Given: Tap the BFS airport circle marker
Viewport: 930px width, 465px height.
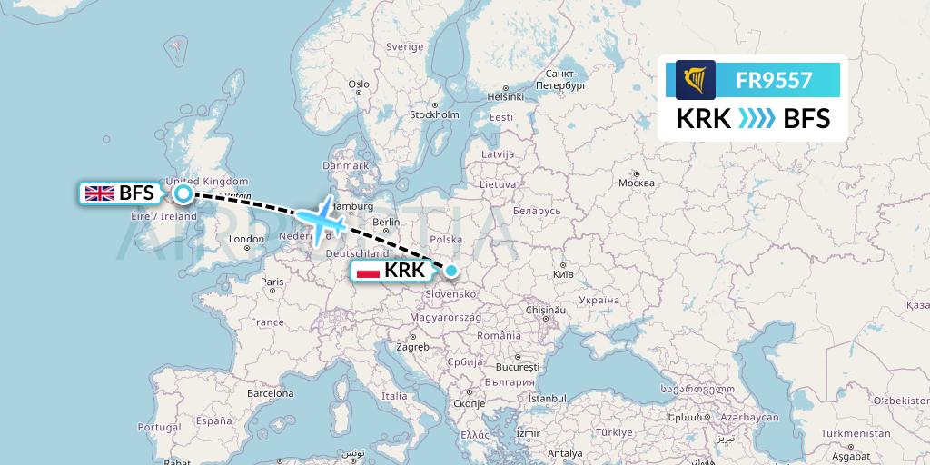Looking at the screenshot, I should (x=183, y=193).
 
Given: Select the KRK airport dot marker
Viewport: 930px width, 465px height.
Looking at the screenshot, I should (x=451, y=270).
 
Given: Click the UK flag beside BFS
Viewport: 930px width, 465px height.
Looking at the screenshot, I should (x=99, y=193).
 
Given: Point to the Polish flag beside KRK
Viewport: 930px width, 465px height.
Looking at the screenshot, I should (x=368, y=271).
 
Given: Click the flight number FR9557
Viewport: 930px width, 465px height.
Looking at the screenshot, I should (x=774, y=80).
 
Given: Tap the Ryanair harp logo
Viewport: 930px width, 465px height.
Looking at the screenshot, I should (x=696, y=80).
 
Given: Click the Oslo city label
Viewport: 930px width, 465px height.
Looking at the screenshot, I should (x=359, y=84).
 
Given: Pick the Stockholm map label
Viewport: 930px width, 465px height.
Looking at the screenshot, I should (x=434, y=115).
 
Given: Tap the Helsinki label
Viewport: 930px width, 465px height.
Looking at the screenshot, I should (x=506, y=96).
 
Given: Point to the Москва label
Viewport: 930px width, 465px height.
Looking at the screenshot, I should (x=636, y=183).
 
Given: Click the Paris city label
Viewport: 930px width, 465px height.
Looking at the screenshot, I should (x=272, y=282).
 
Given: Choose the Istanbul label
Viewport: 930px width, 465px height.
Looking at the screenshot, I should (x=547, y=399).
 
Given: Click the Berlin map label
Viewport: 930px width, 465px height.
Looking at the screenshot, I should (x=386, y=223).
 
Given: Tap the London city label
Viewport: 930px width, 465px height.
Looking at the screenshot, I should (x=246, y=240).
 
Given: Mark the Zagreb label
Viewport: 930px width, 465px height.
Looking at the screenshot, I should (x=411, y=347).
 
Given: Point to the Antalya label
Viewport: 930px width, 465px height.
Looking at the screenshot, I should (x=565, y=453).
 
